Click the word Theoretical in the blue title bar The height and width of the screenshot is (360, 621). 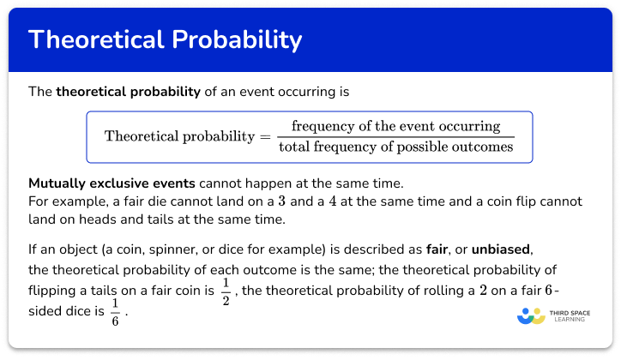[x=93, y=40]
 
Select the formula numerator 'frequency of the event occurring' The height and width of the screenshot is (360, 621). [x=395, y=126]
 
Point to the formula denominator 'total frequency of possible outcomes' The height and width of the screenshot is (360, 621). [x=395, y=147]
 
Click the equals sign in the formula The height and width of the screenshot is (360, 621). [x=264, y=136]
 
